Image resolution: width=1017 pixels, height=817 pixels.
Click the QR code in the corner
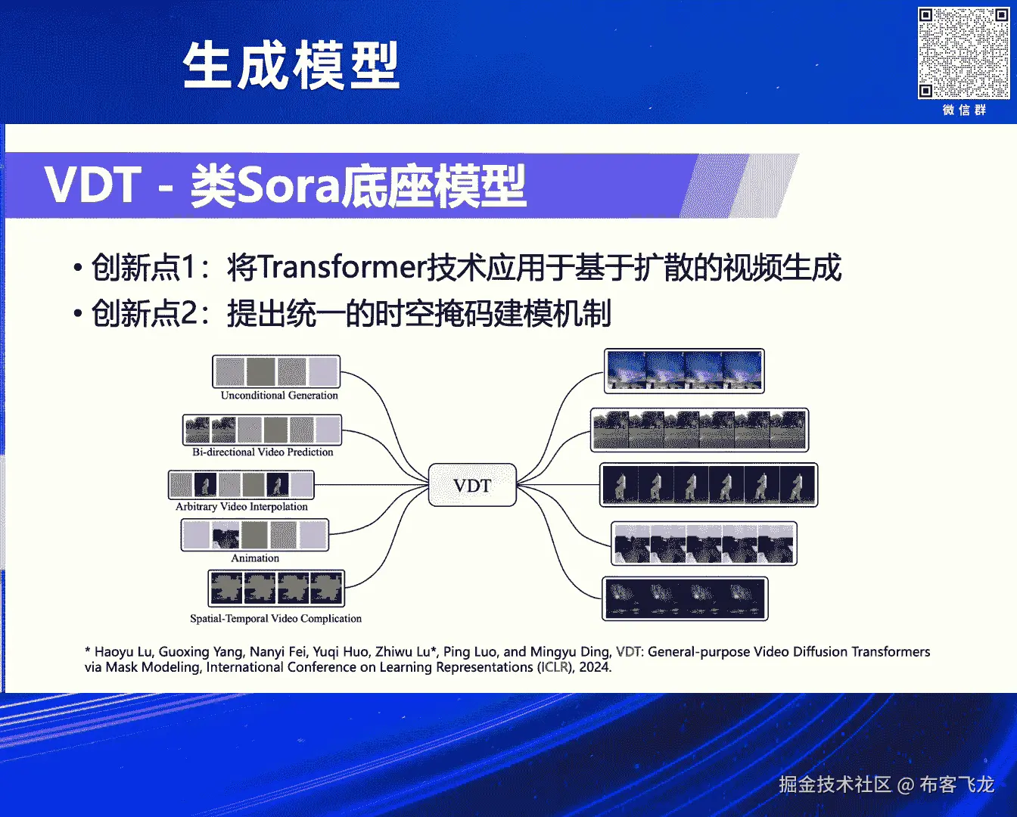click(x=963, y=53)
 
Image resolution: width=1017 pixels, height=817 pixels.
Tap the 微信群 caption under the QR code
click(x=964, y=110)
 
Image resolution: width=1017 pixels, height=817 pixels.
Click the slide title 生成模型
click(x=291, y=65)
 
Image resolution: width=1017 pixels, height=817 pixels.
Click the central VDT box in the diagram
click(x=472, y=485)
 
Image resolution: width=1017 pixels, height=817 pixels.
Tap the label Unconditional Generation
click(x=279, y=395)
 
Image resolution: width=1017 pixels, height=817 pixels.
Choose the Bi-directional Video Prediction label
click(x=263, y=452)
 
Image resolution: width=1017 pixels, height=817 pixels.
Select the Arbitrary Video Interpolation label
click(x=241, y=507)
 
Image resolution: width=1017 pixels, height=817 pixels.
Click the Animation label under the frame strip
click(x=255, y=558)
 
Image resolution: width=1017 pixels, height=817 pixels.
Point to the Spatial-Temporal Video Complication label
click(x=275, y=619)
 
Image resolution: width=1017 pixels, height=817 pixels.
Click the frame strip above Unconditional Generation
click(x=276, y=371)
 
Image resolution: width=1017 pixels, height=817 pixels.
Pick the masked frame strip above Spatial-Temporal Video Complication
click(x=276, y=589)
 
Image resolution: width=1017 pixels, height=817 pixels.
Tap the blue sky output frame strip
click(x=684, y=371)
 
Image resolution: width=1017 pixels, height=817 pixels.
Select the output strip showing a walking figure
click(x=708, y=485)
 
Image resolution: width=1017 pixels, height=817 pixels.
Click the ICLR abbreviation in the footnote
click(x=555, y=667)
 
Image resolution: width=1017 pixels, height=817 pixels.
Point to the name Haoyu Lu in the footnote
click(x=123, y=652)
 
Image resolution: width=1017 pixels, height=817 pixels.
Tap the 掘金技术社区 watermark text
click(x=835, y=784)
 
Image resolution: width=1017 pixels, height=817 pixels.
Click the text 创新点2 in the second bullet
click(x=145, y=313)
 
